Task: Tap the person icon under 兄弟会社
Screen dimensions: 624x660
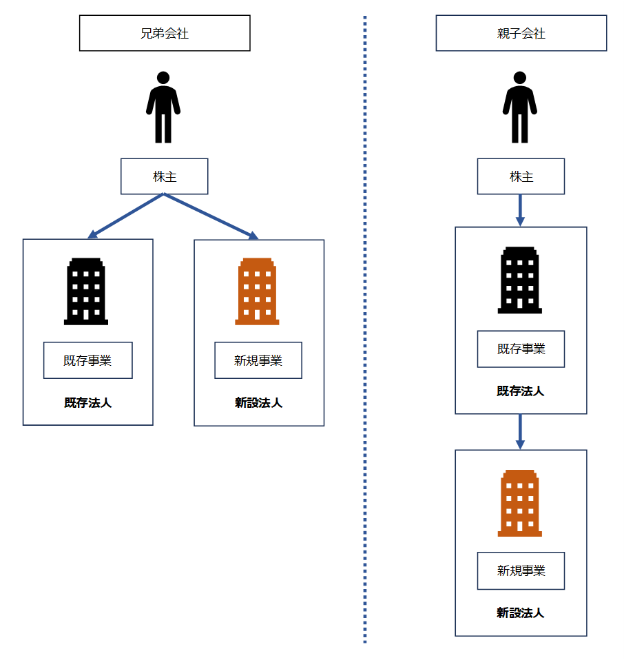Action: click(163, 107)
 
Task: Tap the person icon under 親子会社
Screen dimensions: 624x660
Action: click(519, 107)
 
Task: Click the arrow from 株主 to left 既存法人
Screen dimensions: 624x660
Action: click(126, 216)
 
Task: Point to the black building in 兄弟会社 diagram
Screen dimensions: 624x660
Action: click(86, 291)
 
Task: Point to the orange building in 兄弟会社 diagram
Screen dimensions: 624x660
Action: click(257, 291)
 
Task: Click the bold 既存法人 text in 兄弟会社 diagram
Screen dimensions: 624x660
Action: click(88, 403)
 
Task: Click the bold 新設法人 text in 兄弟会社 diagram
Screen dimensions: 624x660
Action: click(259, 403)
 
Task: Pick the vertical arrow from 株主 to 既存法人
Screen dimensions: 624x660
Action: click(520, 210)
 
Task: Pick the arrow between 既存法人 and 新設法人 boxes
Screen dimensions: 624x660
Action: click(520, 432)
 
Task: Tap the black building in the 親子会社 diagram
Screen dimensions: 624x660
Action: click(519, 280)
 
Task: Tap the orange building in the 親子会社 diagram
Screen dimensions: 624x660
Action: click(519, 503)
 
